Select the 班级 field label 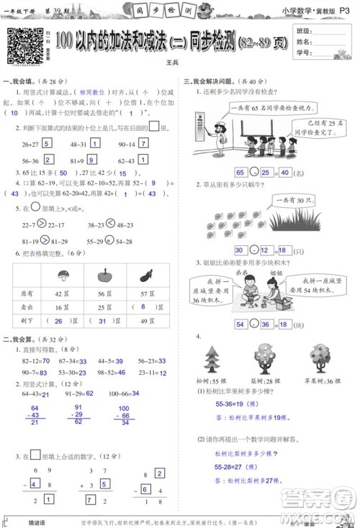(305, 32)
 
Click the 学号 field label (305, 53)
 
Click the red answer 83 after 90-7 (43, 372)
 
